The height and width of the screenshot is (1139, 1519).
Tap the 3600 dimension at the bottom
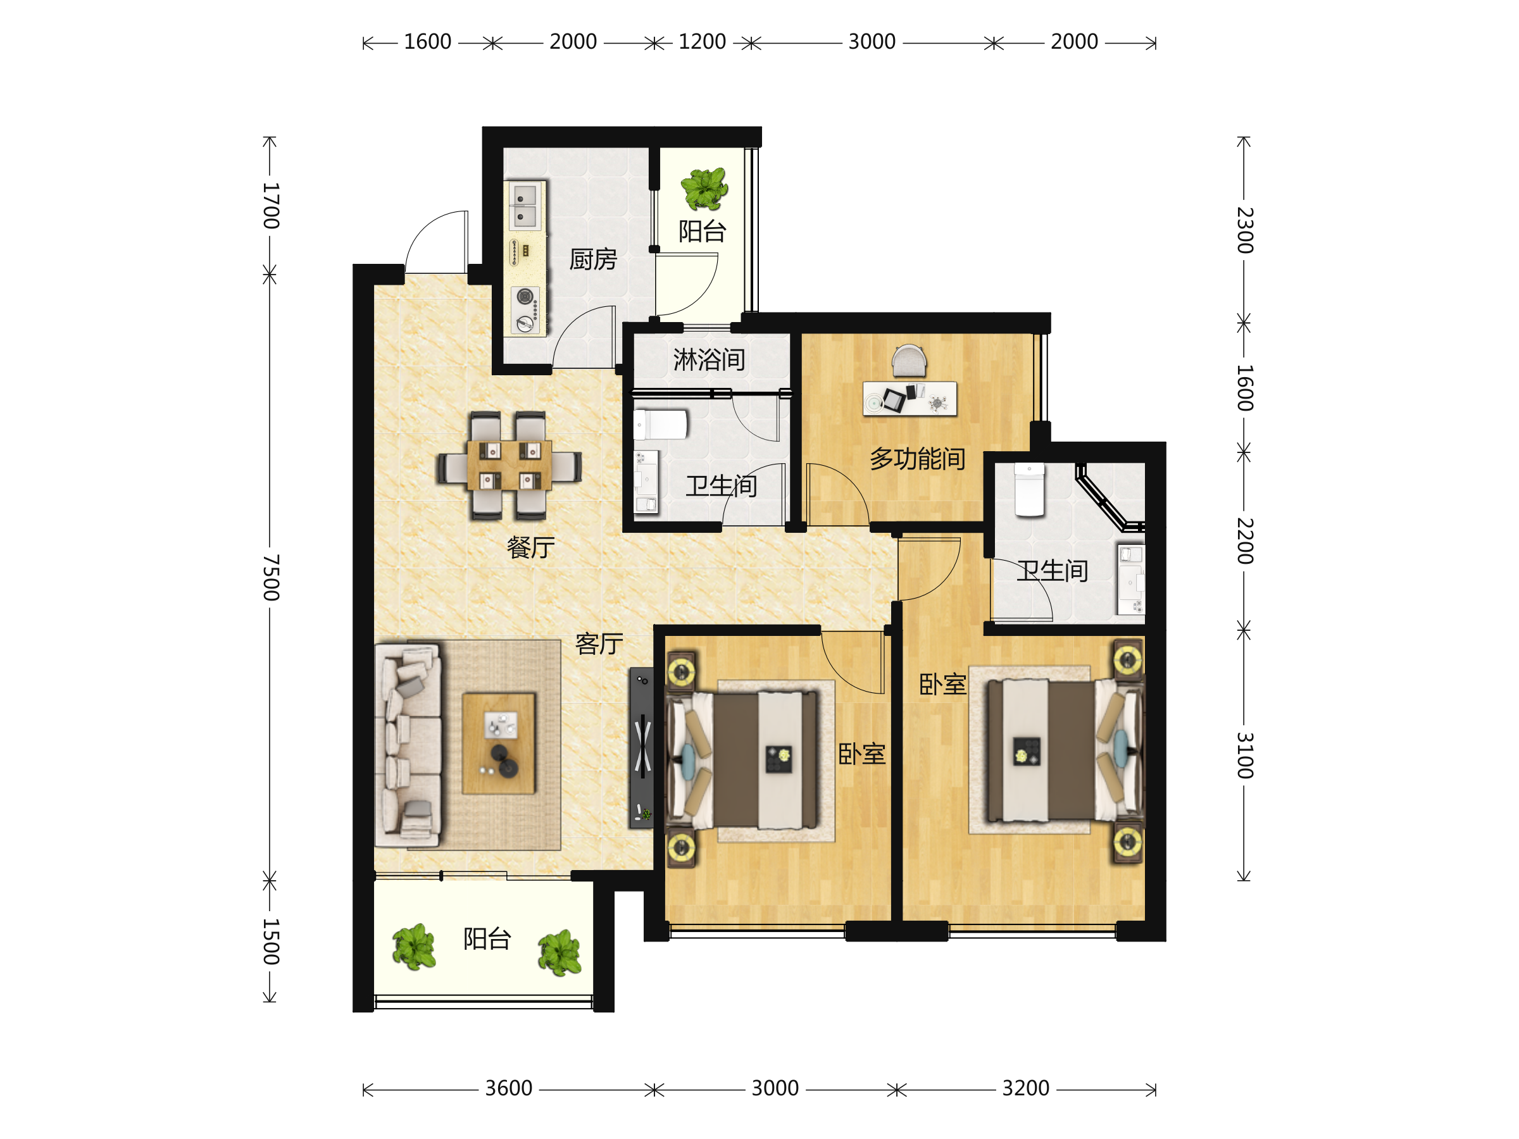pos(509,1088)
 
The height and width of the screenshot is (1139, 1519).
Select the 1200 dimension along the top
pos(702,42)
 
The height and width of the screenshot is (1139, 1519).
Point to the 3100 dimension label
pos(1245,755)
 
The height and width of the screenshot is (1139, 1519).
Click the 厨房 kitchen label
pos(593,259)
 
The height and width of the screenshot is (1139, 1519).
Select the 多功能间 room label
pos(918,459)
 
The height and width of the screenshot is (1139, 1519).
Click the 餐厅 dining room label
pos(531,547)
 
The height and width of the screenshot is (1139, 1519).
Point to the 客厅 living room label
pos(599,644)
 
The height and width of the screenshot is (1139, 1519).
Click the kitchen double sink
pos(525,205)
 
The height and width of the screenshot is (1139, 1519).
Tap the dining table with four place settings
pos(509,466)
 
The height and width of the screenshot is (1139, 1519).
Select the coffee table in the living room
pos(499,744)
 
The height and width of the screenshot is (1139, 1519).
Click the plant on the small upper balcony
pos(704,188)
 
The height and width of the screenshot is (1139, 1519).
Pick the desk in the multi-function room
pos(910,398)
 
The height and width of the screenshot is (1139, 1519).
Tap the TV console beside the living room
pos(641,748)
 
